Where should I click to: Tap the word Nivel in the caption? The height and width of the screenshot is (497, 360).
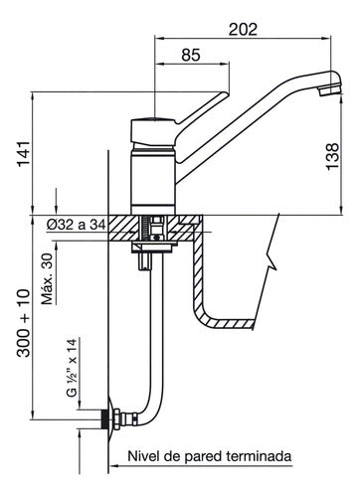click(146, 457)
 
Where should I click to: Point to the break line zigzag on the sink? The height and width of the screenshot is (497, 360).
click(270, 264)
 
